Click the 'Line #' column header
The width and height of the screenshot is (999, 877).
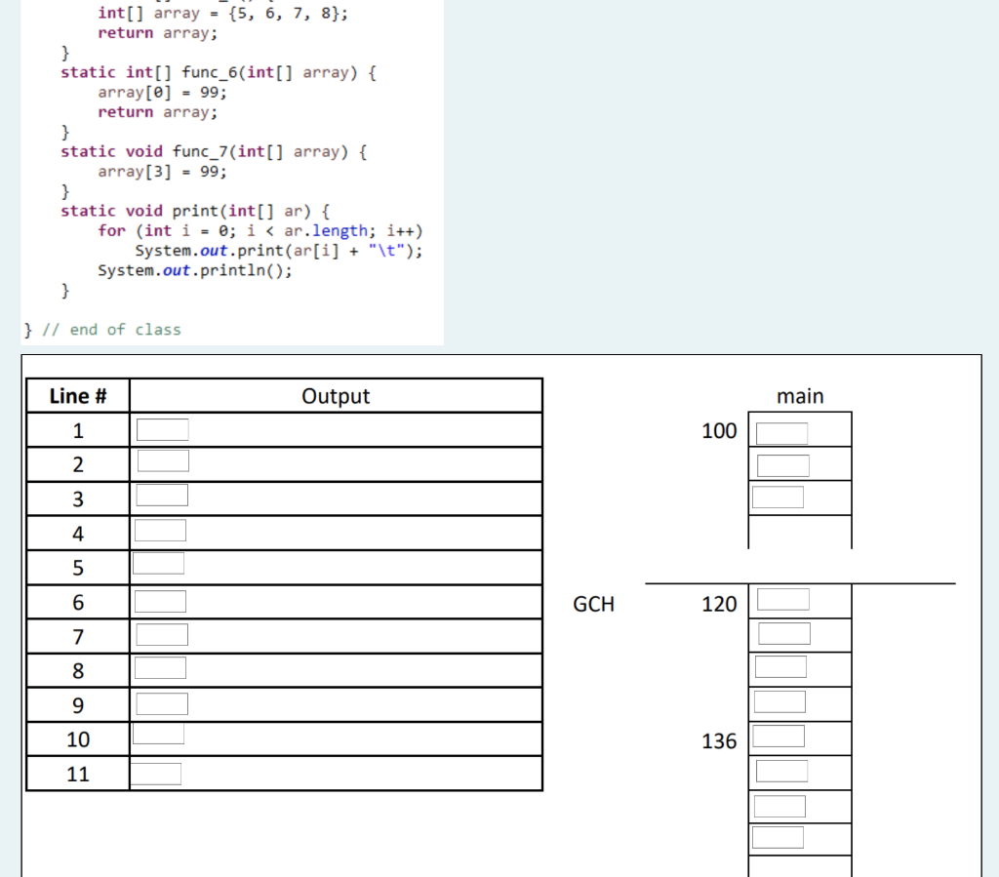click(x=78, y=396)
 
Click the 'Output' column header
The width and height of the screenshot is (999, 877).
click(x=336, y=396)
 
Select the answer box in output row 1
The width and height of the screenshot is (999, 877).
click(x=163, y=429)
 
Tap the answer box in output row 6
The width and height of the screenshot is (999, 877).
click(x=161, y=601)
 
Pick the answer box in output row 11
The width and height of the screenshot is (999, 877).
click(x=155, y=774)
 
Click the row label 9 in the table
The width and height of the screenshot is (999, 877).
click(x=78, y=705)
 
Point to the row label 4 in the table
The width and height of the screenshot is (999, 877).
click(x=78, y=533)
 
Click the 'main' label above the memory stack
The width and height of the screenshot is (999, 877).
click(x=800, y=396)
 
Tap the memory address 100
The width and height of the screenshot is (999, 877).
click(x=719, y=430)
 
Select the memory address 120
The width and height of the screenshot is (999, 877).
click(x=719, y=604)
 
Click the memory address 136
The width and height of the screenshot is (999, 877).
click(x=719, y=740)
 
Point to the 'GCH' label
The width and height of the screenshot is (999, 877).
click(x=594, y=604)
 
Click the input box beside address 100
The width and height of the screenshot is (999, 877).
click(x=781, y=433)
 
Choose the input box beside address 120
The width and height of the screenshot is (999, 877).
click(x=783, y=599)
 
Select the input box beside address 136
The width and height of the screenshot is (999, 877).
click(x=779, y=736)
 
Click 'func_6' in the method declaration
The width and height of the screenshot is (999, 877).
click(x=210, y=72)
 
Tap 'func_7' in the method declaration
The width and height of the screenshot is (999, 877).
click(x=201, y=151)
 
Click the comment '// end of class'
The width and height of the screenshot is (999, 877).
click(x=111, y=330)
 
